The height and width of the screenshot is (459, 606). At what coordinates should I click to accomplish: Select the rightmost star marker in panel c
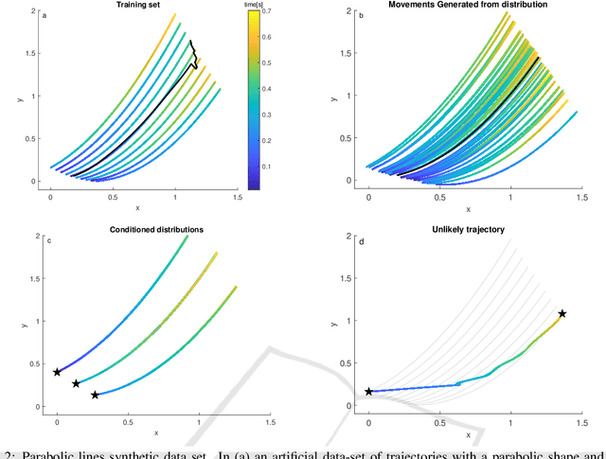(95, 395)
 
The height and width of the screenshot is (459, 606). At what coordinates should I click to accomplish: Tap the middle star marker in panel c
(76, 383)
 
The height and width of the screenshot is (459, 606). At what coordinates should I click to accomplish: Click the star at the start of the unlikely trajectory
(369, 391)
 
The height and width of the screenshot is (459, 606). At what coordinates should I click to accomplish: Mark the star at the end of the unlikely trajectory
(562, 313)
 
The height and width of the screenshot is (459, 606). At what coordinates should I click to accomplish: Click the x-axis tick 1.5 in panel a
(238, 196)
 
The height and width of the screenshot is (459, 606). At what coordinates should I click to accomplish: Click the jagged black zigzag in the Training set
(192, 55)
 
